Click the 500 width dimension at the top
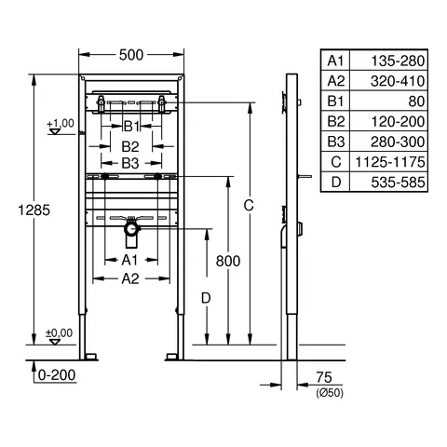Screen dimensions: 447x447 point(132,55)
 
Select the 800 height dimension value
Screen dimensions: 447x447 point(228,262)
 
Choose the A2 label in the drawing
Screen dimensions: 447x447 point(129,278)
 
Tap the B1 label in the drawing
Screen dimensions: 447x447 point(131,126)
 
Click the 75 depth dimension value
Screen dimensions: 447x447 point(323,376)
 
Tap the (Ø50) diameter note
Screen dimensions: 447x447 point(329,393)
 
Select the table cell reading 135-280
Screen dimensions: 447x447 point(396,61)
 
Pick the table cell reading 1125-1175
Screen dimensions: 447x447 point(396,162)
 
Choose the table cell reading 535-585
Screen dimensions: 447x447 point(396,183)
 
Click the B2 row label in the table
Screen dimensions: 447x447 point(335,121)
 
